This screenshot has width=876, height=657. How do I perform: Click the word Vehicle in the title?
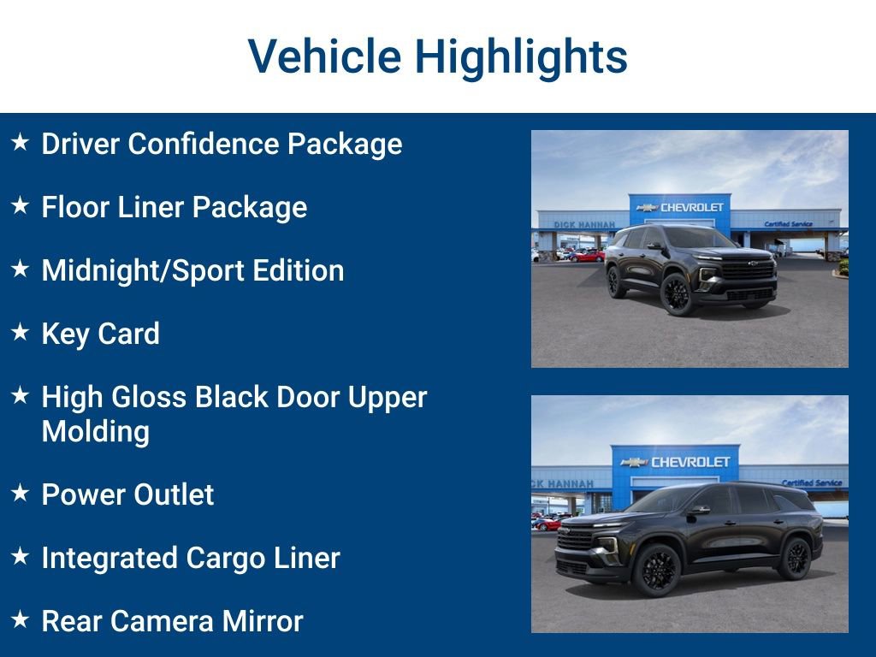324,56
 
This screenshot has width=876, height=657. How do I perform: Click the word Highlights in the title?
521,56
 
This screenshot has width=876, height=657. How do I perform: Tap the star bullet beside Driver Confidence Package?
21,143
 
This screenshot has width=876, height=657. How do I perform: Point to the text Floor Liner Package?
174,207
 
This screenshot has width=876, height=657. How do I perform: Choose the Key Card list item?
100,334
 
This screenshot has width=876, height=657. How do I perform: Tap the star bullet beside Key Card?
21,333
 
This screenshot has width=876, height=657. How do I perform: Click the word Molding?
95,431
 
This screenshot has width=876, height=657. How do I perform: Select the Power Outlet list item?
127,494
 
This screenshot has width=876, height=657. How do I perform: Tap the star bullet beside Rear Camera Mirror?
21,620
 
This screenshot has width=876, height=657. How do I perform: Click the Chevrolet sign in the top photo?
681,207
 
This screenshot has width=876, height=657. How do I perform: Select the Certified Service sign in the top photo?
788,224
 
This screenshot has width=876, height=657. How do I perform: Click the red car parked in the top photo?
589,256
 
